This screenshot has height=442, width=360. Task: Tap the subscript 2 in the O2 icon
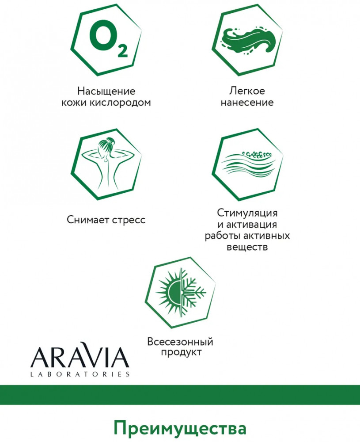click(x=122, y=50)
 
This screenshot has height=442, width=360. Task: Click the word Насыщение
click(x=106, y=91)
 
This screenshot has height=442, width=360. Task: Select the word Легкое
click(x=247, y=91)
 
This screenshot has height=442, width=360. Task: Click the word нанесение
click(x=247, y=103)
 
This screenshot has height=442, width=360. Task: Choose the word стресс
click(x=129, y=220)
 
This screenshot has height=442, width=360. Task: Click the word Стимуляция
click(x=247, y=213)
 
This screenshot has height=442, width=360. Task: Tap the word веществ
click(x=247, y=247)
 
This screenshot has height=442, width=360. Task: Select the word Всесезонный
click(x=180, y=342)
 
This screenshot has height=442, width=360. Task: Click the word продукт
click(x=181, y=352)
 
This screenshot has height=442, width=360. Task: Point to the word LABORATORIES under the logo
click(x=80, y=374)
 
